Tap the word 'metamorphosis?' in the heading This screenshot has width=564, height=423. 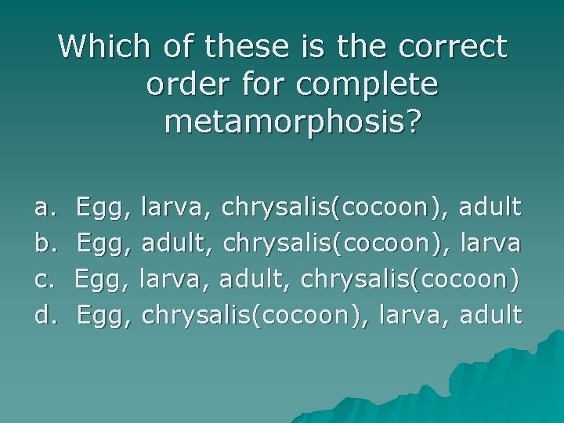[x=293, y=121]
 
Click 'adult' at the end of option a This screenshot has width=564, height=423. [x=490, y=208]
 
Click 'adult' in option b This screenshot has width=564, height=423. [x=178, y=244]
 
